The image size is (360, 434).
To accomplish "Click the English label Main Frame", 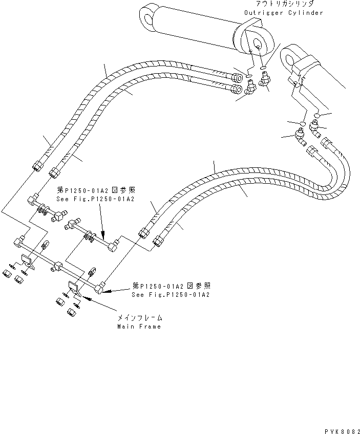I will (139, 326).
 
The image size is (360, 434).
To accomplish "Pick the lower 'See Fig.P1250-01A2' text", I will (171, 295).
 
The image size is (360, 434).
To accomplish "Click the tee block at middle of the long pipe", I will (58, 266).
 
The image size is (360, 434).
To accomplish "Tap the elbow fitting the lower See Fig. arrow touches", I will (99, 289).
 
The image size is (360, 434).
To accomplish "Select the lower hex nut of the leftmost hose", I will (37, 166).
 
